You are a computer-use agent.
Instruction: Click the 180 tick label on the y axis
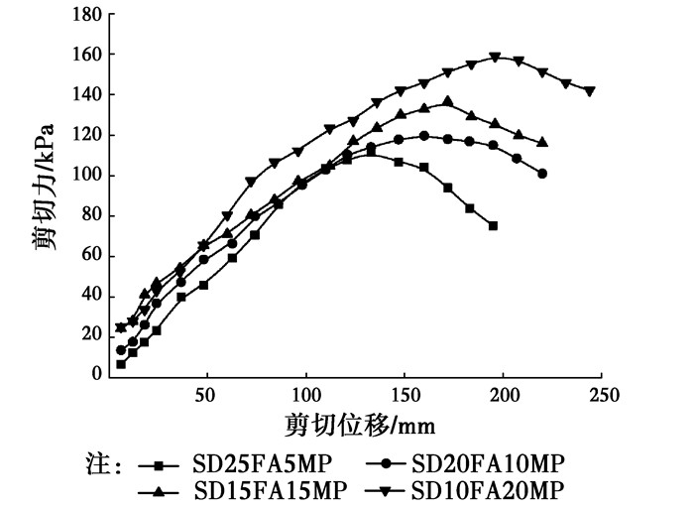click(x=87, y=15)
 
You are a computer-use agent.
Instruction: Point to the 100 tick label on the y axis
click(x=87, y=176)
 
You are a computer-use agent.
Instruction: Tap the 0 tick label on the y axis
click(x=97, y=375)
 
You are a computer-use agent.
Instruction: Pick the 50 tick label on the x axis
click(x=205, y=395)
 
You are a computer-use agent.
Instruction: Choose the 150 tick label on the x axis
click(x=405, y=395)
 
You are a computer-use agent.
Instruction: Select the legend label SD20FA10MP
click(x=487, y=463)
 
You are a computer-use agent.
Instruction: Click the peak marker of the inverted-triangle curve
click(x=495, y=58)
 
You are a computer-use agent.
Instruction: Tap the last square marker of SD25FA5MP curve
click(x=493, y=226)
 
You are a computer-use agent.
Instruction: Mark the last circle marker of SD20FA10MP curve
click(x=542, y=174)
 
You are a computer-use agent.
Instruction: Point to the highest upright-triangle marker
click(x=448, y=100)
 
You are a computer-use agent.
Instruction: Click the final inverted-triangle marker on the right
click(x=590, y=91)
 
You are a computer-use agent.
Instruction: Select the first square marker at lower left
click(x=121, y=364)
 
